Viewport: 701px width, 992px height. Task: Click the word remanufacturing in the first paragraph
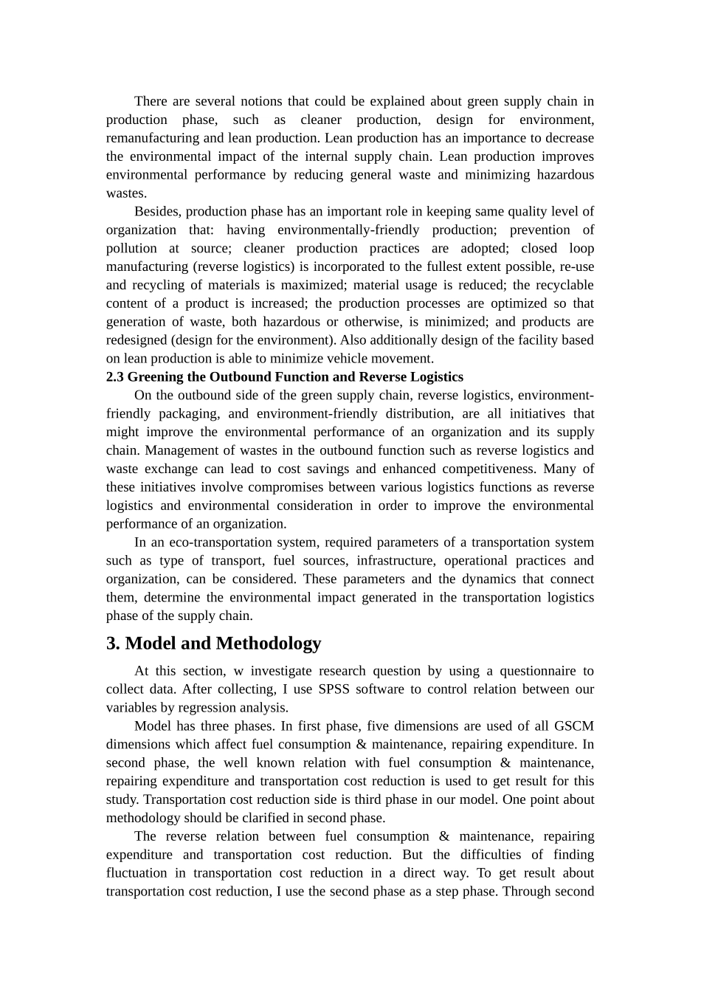[153, 138]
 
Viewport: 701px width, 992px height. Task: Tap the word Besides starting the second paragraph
[158, 212]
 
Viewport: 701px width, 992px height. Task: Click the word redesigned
[137, 340]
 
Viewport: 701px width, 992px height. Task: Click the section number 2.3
[115, 377]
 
